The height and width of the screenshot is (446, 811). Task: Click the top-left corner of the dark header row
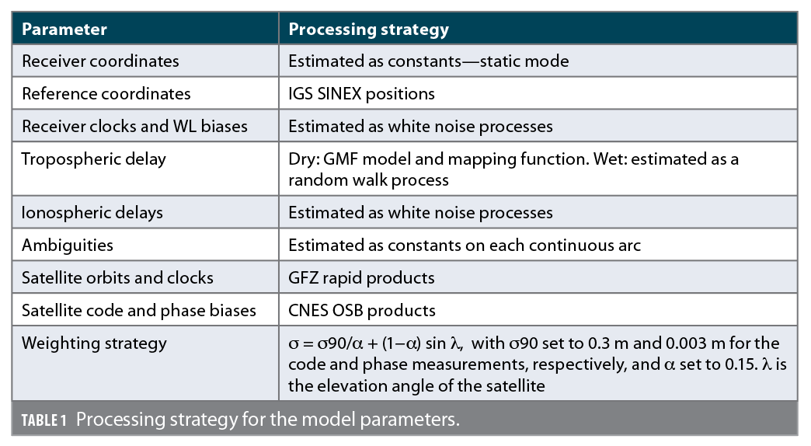12,12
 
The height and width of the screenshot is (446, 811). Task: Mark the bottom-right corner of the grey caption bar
798,435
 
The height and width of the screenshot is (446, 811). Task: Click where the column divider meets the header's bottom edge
279,44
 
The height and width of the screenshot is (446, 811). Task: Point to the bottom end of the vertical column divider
279,401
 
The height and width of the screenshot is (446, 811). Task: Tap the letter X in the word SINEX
356,94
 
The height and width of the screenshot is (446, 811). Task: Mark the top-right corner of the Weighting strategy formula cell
798,326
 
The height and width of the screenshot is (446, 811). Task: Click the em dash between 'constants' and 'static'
470,61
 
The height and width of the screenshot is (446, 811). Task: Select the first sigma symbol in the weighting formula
294,344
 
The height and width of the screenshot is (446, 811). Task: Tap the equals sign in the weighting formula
307,344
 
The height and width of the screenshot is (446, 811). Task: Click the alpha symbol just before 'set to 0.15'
670,364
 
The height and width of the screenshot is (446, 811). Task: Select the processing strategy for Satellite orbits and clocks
361,278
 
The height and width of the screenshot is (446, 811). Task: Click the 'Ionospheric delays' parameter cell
92,213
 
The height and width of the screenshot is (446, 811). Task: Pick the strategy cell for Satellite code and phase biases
362,311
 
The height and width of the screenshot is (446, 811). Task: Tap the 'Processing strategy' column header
369,30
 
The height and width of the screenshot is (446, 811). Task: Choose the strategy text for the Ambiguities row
465,246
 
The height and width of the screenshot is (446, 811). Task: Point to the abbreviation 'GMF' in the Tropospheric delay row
340,159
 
